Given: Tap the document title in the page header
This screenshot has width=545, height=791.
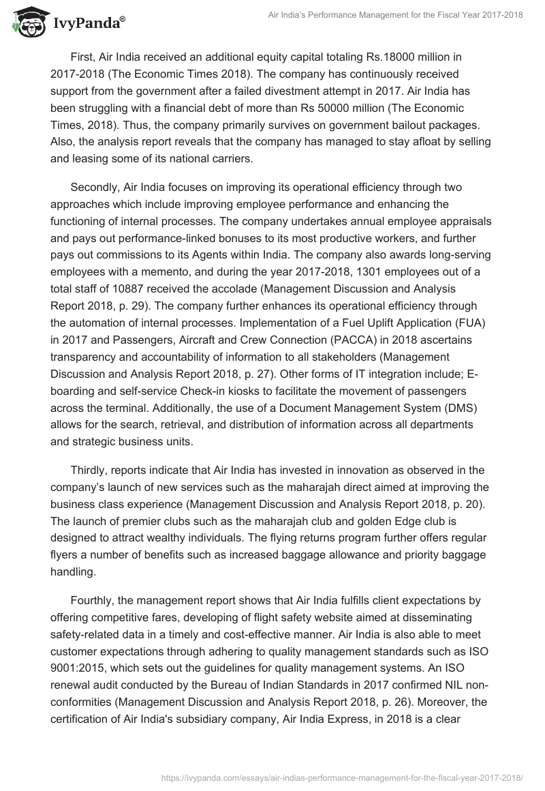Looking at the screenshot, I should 391,16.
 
